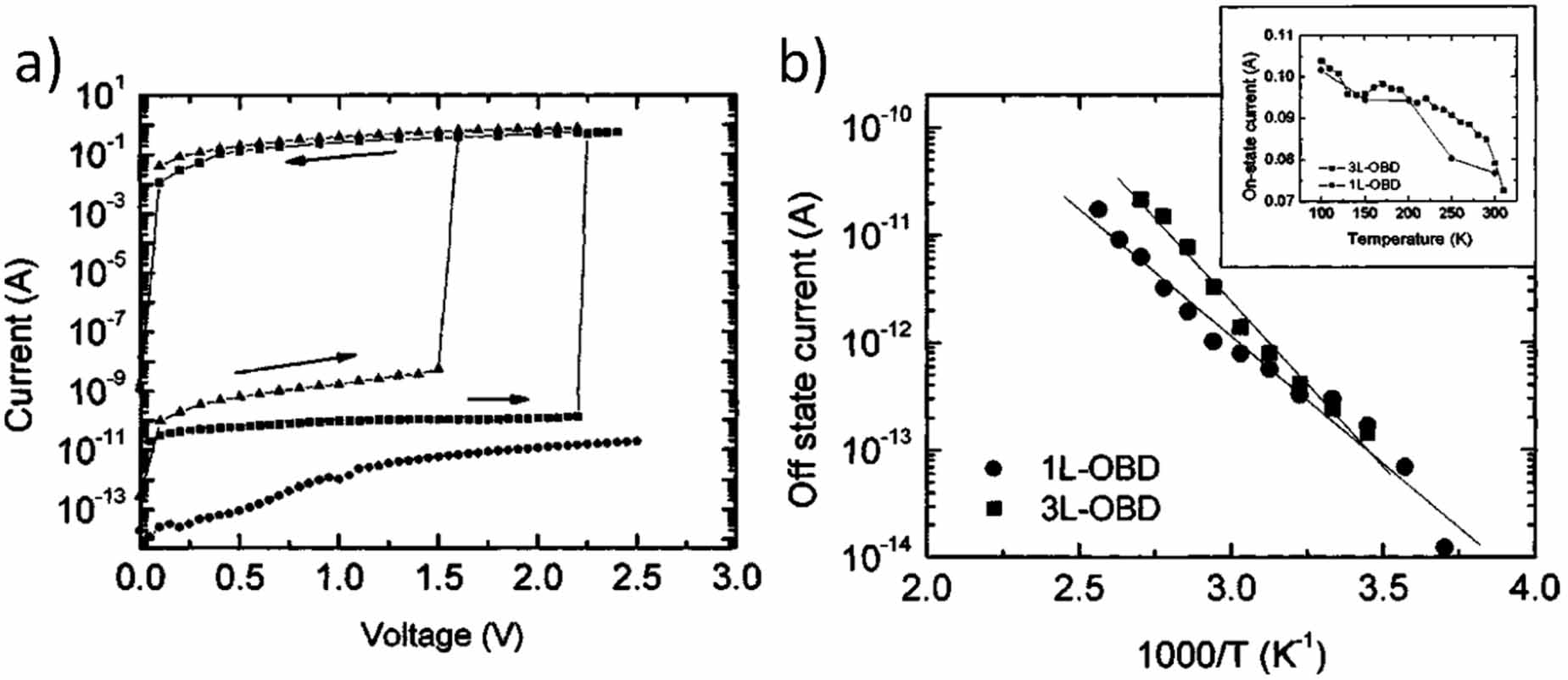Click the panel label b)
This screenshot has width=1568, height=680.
coord(802,63)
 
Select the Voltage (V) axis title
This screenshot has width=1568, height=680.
coord(441,635)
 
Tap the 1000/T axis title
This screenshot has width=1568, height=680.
coord(1229,655)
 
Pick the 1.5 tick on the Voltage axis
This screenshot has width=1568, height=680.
coord(439,578)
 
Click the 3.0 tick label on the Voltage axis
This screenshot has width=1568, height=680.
coord(736,578)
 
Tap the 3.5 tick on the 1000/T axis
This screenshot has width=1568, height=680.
coord(1382,587)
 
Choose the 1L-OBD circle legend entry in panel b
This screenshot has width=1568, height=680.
coord(1074,468)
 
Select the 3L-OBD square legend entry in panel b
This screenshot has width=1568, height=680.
coord(1074,509)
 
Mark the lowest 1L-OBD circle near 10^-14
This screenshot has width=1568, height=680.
coord(1444,548)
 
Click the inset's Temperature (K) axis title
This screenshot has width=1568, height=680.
coord(1409,239)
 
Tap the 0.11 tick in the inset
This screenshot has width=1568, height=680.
coord(1280,36)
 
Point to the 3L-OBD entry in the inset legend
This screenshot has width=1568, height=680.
coord(1365,168)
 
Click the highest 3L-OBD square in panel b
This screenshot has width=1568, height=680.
coord(1140,199)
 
